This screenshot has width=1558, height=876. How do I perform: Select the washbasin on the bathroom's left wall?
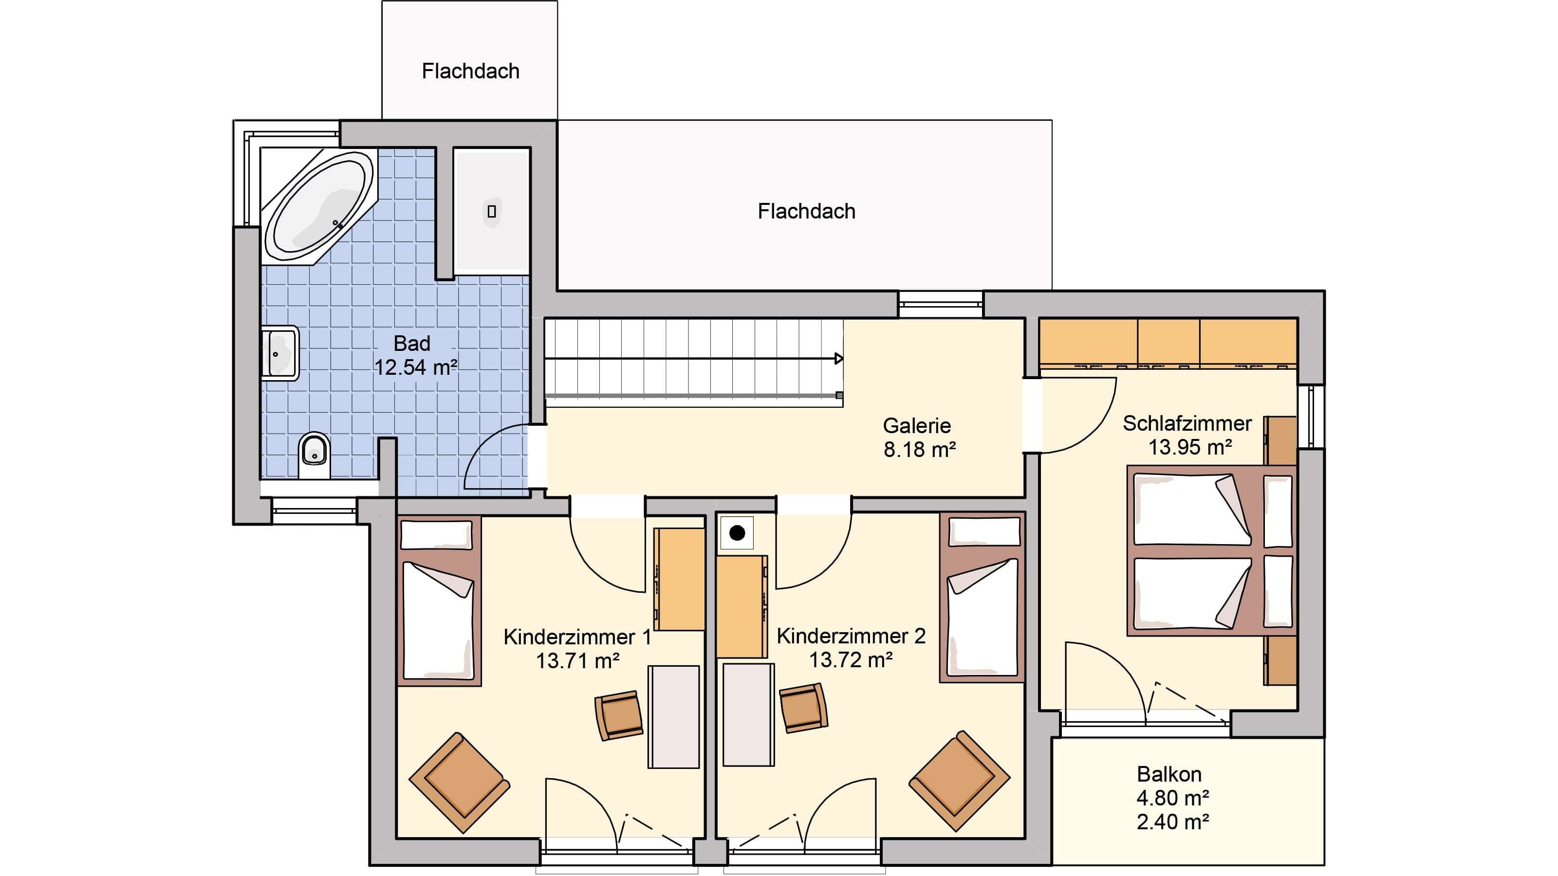click(x=279, y=354)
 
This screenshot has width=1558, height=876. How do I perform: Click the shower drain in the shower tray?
click(x=492, y=211)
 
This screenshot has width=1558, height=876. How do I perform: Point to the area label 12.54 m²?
click(x=415, y=367)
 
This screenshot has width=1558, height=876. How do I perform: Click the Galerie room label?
click(x=917, y=426)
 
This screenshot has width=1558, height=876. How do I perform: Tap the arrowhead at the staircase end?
click(x=839, y=359)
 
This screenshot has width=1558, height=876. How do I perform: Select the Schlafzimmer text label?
click(x=1187, y=423)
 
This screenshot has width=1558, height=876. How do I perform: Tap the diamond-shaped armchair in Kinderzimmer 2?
click(x=959, y=781)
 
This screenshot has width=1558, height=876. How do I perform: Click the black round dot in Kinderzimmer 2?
click(x=737, y=533)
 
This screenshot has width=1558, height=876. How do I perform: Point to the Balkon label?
click(x=1169, y=774)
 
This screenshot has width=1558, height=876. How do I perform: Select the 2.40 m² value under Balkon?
click(x=1173, y=821)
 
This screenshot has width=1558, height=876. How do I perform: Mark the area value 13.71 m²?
click(x=577, y=661)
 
